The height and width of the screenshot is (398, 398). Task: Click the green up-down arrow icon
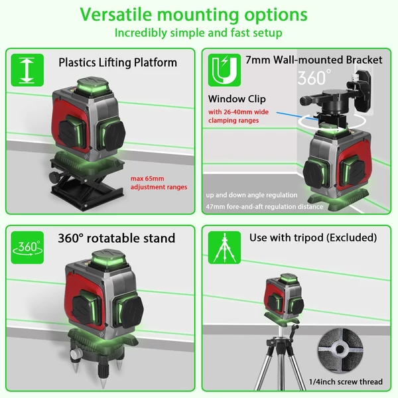click(27, 70)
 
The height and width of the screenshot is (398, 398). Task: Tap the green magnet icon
click(224, 70)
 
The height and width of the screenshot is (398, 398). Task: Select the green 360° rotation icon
click(27, 247)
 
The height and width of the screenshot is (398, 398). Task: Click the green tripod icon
click(224, 247)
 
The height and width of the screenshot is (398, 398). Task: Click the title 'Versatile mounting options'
click(194, 15)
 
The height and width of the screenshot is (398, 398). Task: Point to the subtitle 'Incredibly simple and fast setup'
click(198, 33)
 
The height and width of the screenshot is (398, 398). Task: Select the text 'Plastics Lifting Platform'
click(118, 63)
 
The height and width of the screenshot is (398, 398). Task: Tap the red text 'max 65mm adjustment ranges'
click(159, 183)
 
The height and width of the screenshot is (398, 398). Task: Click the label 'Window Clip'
click(237, 99)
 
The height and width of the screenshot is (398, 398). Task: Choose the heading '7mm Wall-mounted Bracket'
click(314, 60)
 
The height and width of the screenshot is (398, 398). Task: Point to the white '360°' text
click(314, 78)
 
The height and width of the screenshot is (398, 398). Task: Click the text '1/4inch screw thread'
click(346, 381)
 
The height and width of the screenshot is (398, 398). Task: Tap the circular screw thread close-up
click(340, 350)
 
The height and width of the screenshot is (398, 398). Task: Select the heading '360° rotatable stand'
click(117, 238)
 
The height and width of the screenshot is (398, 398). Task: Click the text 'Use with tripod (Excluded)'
click(313, 238)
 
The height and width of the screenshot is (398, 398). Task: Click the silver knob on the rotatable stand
click(74, 354)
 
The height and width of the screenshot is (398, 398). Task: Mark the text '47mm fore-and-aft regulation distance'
click(265, 206)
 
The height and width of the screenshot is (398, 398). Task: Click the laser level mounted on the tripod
click(283, 297)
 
